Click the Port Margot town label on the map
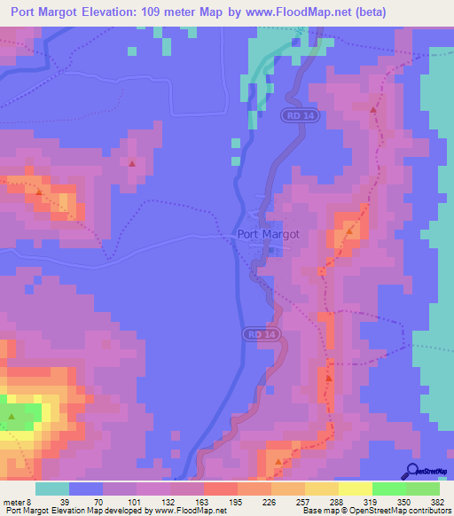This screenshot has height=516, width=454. pos(269,235)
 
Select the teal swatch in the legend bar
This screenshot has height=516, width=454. pos(52,489)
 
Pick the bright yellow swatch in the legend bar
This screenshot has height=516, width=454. pos(355,489)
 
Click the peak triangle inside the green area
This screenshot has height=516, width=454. pos(12,416)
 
